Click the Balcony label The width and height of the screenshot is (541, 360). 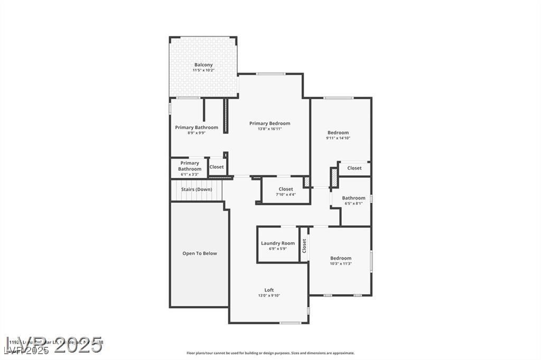coord(203,65)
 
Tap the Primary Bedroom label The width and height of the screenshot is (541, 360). coord(269,124)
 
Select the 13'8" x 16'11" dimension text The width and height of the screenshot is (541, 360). coord(269,129)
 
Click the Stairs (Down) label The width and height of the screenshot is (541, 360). coord(197,190)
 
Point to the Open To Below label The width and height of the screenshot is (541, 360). coord(200,253)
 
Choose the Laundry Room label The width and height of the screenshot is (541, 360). coord(278,243)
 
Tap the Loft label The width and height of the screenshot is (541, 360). coord(269,290)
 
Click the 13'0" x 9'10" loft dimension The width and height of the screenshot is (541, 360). coord(269,296)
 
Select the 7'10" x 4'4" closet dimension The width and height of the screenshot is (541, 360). coord(285,194)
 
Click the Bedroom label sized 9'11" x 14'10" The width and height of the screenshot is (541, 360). coord(338,132)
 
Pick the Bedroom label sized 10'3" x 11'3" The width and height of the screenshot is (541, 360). coord(341,258)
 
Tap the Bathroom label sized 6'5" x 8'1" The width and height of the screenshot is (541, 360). coord(353,198)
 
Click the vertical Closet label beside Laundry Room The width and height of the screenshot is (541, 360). coord(304,246)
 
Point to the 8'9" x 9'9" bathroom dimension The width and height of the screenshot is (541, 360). coord(197,133)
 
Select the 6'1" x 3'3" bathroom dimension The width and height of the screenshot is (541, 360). coord(190,174)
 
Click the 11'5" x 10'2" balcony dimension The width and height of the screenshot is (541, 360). coord(203,70)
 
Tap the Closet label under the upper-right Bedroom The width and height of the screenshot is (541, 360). coord(355,168)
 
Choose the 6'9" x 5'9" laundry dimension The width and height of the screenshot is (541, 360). coord(278,249)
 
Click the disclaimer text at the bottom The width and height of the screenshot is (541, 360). coord(270,353)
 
